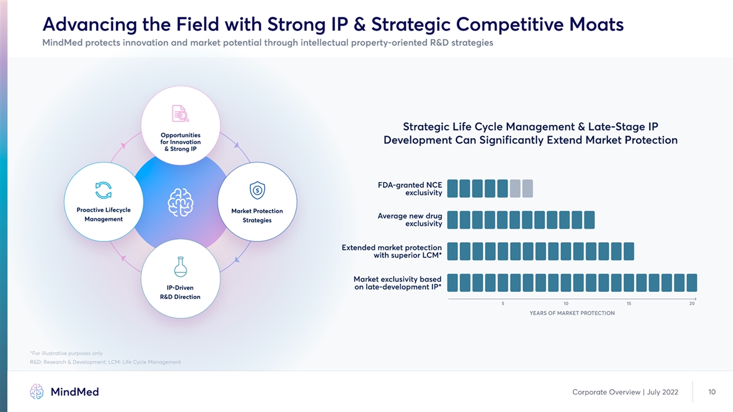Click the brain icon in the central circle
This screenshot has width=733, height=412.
[x=180, y=202]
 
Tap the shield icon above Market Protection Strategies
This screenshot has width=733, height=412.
[x=257, y=190]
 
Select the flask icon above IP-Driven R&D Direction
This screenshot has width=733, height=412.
[x=180, y=267]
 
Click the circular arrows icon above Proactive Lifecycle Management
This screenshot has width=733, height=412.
[x=104, y=191]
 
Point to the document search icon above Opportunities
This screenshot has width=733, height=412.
[x=180, y=114]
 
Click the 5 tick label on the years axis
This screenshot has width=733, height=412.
[x=503, y=303]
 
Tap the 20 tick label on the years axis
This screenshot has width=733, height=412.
[x=692, y=303]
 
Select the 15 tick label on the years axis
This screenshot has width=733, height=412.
[x=629, y=303]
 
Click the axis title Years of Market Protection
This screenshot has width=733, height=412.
[x=572, y=313]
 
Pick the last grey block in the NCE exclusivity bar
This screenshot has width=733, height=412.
[x=527, y=188]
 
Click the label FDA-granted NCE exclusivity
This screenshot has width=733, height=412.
[x=409, y=189]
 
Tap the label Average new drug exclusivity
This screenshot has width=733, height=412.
[x=409, y=220]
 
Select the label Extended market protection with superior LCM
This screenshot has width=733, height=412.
[x=392, y=251]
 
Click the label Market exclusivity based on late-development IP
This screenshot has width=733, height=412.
[x=397, y=283]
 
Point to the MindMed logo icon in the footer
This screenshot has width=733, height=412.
[x=37, y=391]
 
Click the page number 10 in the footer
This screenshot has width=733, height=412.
[x=712, y=392]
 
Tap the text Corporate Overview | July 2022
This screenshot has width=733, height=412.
[x=625, y=392]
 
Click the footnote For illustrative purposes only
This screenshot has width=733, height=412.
[x=66, y=353]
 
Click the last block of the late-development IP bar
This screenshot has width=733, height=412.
[x=691, y=283]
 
